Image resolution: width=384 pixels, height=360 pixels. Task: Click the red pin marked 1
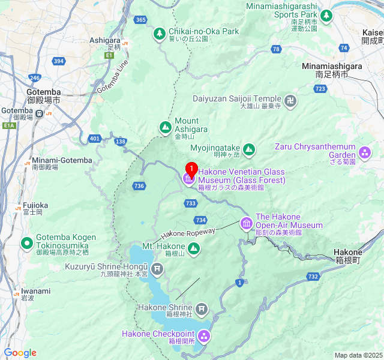tap(191, 169)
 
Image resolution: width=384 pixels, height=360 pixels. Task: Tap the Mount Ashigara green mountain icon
tap(165, 127)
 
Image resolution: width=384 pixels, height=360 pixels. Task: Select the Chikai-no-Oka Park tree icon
tap(159, 34)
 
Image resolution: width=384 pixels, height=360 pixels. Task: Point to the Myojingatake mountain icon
tap(249, 149)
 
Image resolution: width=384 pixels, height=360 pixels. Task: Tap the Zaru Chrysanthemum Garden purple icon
tap(365, 149)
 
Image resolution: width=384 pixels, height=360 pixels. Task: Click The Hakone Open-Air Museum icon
tap(246, 224)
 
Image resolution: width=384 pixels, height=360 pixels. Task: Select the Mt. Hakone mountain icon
tap(194, 248)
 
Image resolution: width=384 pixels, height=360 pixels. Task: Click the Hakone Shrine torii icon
tap(202, 310)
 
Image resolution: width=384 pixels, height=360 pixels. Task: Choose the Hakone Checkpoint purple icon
tap(204, 336)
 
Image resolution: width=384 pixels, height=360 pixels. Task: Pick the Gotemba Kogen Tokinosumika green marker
tap(26, 243)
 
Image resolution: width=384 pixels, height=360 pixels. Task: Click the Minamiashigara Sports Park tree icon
tap(326, 17)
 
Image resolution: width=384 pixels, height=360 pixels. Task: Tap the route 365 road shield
tap(141, 20)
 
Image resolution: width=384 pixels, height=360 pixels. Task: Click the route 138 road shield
tap(121, 142)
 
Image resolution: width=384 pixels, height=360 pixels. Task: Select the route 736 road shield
tap(139, 186)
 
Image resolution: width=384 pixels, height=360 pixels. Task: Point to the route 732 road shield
tap(313, 277)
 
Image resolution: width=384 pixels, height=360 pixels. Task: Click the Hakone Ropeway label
tap(188, 233)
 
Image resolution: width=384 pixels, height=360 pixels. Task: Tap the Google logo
tap(20, 353)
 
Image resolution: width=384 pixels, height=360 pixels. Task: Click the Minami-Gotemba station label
tap(62, 160)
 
